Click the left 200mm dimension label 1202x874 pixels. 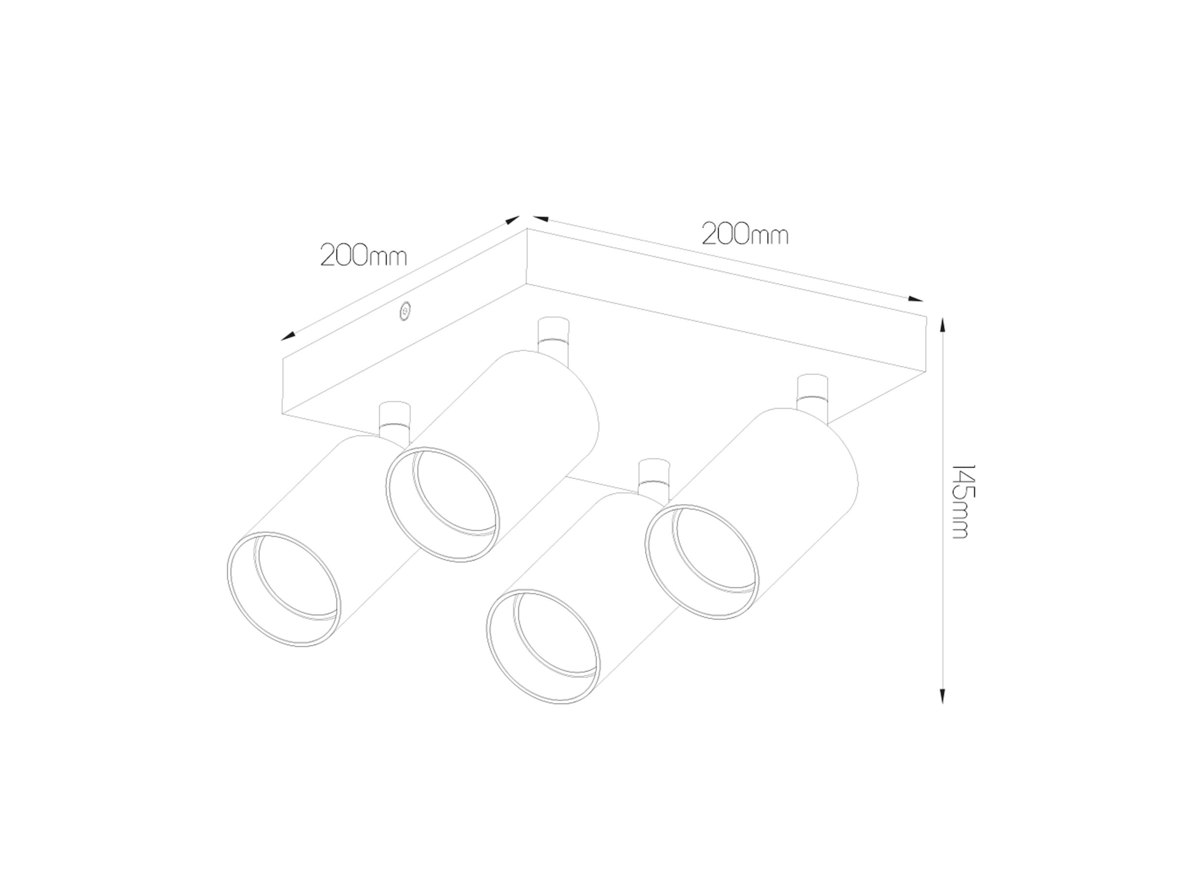[x=364, y=256]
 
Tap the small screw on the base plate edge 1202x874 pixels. [x=405, y=312]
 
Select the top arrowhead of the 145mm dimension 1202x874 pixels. [x=942, y=324]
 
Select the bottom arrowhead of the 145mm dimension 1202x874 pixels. [x=942, y=696]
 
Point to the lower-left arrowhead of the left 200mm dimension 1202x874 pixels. [x=288, y=336]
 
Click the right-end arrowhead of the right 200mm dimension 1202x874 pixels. [x=916, y=299]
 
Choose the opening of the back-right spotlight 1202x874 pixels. [x=702, y=561]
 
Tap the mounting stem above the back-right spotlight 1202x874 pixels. [x=813, y=392]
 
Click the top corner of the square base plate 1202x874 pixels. [x=527, y=229]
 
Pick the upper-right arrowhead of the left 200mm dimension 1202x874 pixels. [x=512, y=219]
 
